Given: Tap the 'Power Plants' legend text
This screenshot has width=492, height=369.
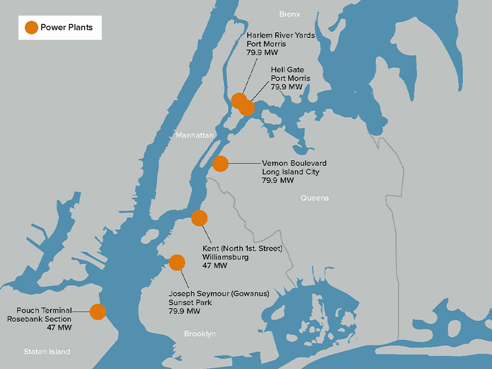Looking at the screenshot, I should [x=66, y=27].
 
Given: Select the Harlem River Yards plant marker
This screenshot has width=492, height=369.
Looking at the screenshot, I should [x=238, y=101].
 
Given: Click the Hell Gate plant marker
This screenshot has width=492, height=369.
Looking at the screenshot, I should [x=247, y=108].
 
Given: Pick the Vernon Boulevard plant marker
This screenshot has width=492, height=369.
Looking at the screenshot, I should [x=220, y=163].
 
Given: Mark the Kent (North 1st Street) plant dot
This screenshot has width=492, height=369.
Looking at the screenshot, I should [x=199, y=218].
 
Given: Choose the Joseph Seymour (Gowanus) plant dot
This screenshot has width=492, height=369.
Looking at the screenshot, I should [x=177, y=262].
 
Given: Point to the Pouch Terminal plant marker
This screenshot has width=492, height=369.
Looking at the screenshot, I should [x=98, y=311].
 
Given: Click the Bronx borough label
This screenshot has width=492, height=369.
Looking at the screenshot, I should [x=290, y=14].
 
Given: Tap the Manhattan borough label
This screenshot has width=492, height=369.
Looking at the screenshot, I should [x=194, y=136].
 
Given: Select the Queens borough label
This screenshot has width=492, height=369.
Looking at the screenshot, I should [x=314, y=198].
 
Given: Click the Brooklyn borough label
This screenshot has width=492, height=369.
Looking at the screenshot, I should [x=200, y=334].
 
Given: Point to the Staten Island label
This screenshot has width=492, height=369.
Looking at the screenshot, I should [x=47, y=352].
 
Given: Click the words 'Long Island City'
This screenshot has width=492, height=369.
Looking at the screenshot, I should [x=291, y=172].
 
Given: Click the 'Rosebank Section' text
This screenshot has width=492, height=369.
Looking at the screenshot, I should [x=39, y=319].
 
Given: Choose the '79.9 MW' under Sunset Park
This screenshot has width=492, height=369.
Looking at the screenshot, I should [x=184, y=311].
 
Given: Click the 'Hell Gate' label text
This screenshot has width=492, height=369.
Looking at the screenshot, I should [x=287, y=70].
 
